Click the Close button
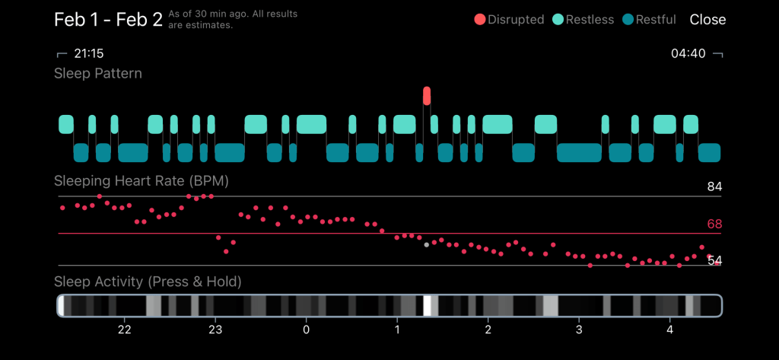click(707, 20)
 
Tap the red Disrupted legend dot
click(479, 20)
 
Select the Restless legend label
click(589, 20)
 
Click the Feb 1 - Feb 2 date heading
click(108, 20)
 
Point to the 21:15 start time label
click(88, 54)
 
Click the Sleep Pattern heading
click(98, 74)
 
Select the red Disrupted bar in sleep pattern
click(427, 96)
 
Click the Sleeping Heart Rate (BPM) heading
click(141, 182)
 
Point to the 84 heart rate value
click(714, 187)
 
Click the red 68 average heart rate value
click(714, 225)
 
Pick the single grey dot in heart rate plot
click(426, 245)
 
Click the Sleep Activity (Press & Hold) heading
click(148, 282)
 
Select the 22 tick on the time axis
click(125, 330)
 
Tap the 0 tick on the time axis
click(306, 330)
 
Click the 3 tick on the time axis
click(579, 330)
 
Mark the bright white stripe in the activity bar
click(428, 305)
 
